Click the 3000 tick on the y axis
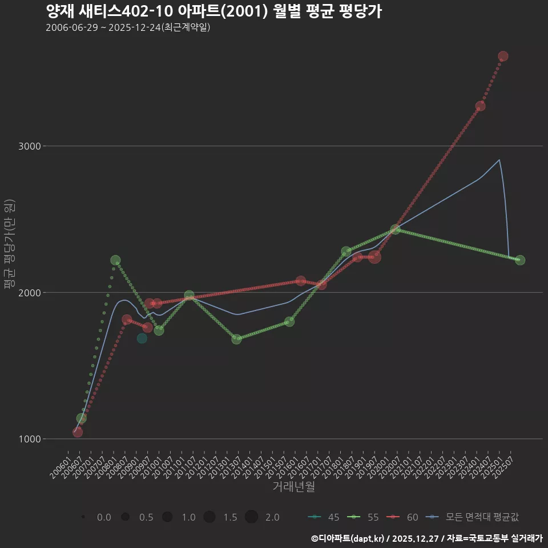(x=30, y=146)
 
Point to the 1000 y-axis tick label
(x=30, y=439)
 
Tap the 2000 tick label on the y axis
(x=30, y=293)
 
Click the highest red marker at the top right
(x=503, y=56)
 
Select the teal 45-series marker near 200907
(x=142, y=339)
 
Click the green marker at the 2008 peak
(x=115, y=260)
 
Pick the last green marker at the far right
(x=520, y=260)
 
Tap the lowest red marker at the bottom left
(x=78, y=432)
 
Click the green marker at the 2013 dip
(x=236, y=339)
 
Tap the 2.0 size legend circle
(x=252, y=517)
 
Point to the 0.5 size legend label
(x=146, y=517)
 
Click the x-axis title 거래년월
(x=293, y=487)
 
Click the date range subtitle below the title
(x=128, y=27)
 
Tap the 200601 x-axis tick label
(x=62, y=467)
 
